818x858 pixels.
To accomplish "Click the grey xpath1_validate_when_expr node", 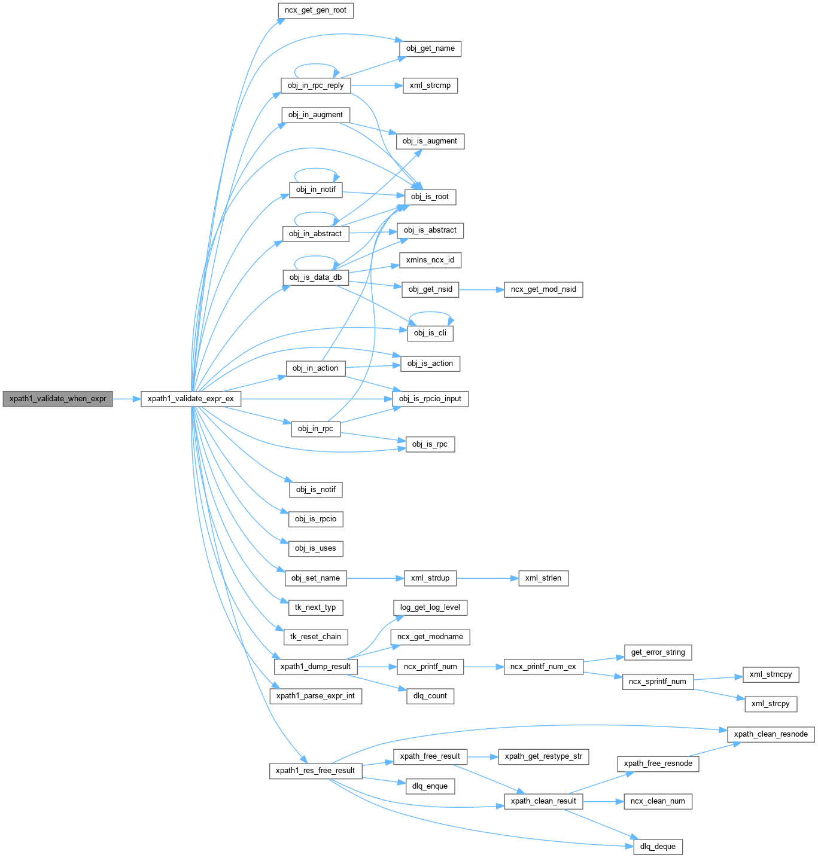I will click(57, 399).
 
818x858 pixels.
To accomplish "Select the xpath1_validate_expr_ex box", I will click(190, 399).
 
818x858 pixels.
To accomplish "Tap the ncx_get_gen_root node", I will click(315, 10).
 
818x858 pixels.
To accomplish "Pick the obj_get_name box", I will click(430, 48).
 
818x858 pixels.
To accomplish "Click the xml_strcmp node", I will click(430, 86).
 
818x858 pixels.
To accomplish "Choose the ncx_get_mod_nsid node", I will click(543, 289).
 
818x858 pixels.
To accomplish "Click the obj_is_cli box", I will click(430, 333).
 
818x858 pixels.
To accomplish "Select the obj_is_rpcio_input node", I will click(430, 399).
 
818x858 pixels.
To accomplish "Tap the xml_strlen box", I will click(543, 578).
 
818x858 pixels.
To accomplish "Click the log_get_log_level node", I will click(430, 607).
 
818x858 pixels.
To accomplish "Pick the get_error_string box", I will click(658, 652).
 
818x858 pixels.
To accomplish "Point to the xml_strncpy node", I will click(770, 674).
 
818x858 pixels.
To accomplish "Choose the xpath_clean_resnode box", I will click(770, 734).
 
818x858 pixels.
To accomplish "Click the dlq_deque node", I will click(658, 847).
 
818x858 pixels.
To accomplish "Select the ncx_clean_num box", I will click(658, 801).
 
